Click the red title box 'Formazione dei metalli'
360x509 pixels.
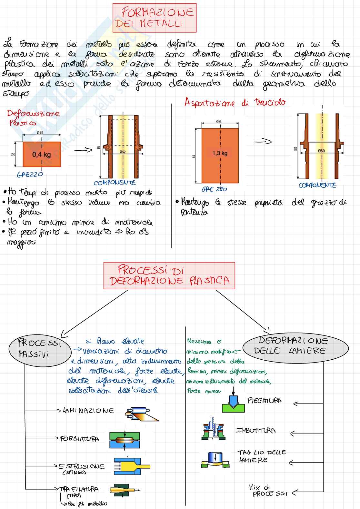click(x=155, y=18)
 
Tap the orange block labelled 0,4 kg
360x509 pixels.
click(x=42, y=154)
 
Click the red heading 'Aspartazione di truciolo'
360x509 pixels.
click(x=235, y=103)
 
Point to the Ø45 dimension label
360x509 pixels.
click(x=40, y=133)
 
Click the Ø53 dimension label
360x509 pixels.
click(x=219, y=122)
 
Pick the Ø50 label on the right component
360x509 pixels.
click(x=321, y=151)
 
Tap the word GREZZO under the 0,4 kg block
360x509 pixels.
click(x=30, y=175)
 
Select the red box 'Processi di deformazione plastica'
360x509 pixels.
click(x=169, y=275)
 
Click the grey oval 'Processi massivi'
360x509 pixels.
click(x=40, y=349)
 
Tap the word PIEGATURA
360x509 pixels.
click(x=265, y=401)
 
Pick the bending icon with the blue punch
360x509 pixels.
click(x=233, y=403)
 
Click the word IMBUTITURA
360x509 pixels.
click(x=256, y=430)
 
